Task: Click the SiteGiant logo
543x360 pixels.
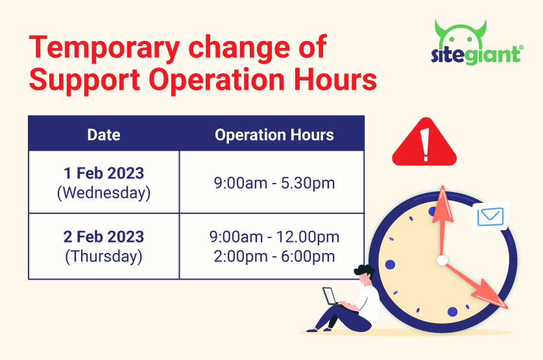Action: tap(477, 43)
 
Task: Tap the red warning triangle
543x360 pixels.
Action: tap(424, 143)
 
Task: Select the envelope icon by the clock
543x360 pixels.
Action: tap(490, 217)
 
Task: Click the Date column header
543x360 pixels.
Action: tap(104, 135)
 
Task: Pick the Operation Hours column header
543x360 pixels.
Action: tap(274, 135)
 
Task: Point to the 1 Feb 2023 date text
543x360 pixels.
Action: tap(104, 173)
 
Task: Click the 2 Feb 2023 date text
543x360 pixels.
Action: tap(104, 237)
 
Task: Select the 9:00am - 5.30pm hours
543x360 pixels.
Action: tap(274, 183)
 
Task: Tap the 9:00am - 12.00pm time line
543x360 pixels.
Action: tap(274, 237)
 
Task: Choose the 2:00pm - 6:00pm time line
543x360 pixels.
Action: tap(274, 256)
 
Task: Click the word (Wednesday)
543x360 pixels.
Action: tap(104, 193)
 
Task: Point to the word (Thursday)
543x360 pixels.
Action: tap(104, 256)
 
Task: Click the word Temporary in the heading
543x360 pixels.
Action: tap(104, 48)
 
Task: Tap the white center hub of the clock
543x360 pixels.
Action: tap(442, 260)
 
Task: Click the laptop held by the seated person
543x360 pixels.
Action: tap(330, 296)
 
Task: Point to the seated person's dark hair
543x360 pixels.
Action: tap(364, 270)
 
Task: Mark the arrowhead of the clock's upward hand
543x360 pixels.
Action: tap(442, 204)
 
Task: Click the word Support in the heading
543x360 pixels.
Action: tap(85, 80)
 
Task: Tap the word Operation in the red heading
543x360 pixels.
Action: tap(217, 80)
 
